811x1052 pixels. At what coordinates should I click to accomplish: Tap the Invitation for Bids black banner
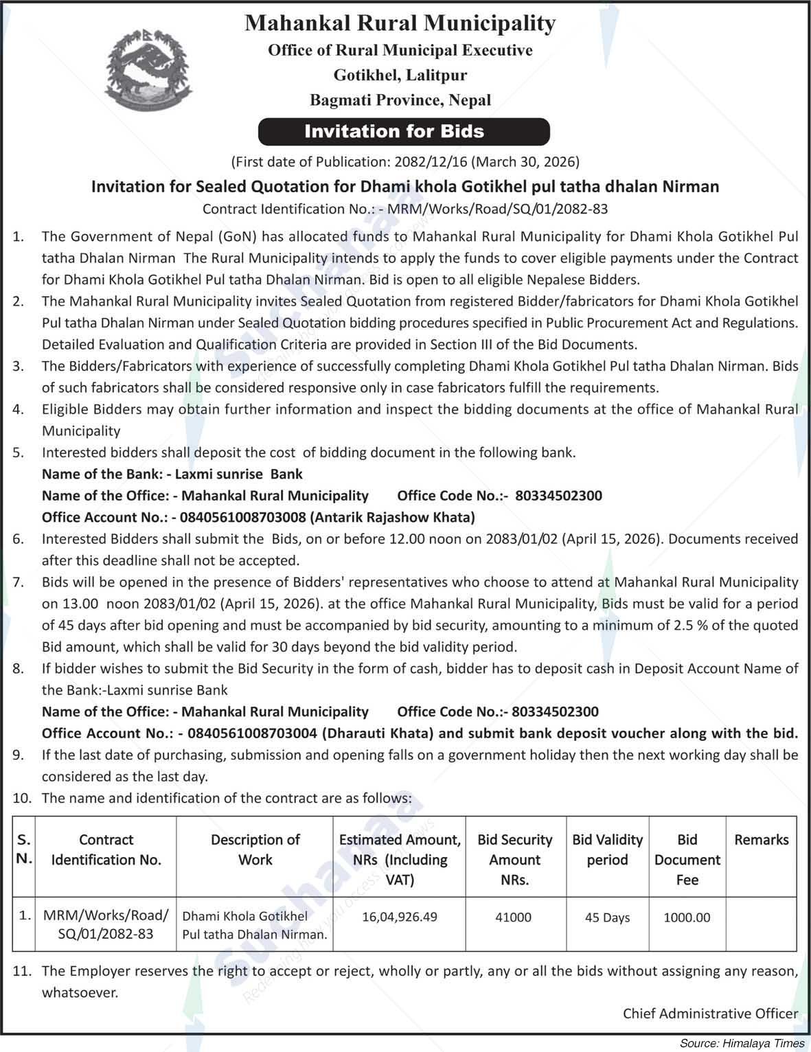coord(404,132)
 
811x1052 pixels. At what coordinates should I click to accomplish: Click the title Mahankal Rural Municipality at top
coord(400,23)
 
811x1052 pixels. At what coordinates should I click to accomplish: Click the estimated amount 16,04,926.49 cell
coord(400,917)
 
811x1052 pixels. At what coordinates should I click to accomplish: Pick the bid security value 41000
coord(514,917)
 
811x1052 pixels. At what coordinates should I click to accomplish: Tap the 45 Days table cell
coord(607,917)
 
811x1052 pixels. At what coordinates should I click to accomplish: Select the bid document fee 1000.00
coord(687,917)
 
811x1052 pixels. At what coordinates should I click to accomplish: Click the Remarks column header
coord(761,840)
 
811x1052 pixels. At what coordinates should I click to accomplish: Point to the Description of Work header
coord(255,849)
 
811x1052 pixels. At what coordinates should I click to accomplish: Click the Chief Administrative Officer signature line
coord(710,1014)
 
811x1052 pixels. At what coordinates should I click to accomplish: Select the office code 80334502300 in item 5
coord(558,496)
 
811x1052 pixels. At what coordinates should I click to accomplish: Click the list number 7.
coord(19,582)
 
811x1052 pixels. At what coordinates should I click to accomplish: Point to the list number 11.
coord(22,971)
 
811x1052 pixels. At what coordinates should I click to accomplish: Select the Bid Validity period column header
coord(607,849)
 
